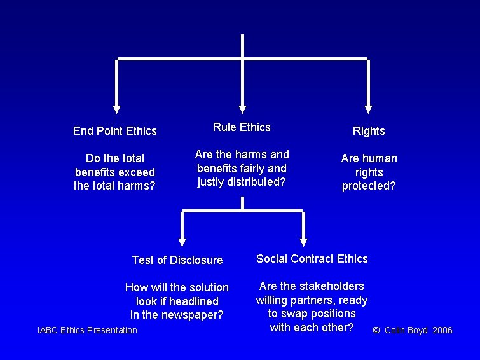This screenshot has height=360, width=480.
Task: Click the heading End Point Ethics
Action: (x=114, y=131)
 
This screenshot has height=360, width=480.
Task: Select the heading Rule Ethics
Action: (x=242, y=127)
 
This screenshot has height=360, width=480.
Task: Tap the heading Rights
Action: (x=369, y=131)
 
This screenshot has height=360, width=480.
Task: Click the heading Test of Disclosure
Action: (x=177, y=260)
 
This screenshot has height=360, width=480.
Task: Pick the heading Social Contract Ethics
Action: (x=312, y=259)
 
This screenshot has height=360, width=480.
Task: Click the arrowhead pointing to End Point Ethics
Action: (x=116, y=108)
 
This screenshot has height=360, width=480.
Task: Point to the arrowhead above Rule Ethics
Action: (x=242, y=108)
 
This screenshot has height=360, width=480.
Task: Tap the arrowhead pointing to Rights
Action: (x=368, y=108)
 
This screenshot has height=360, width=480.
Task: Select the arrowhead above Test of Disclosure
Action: (x=182, y=241)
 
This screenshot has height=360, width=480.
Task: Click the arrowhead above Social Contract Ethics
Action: (x=303, y=241)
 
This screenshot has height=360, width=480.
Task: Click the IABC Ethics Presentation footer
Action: (x=87, y=330)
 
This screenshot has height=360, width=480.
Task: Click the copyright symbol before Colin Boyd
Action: (x=376, y=331)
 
